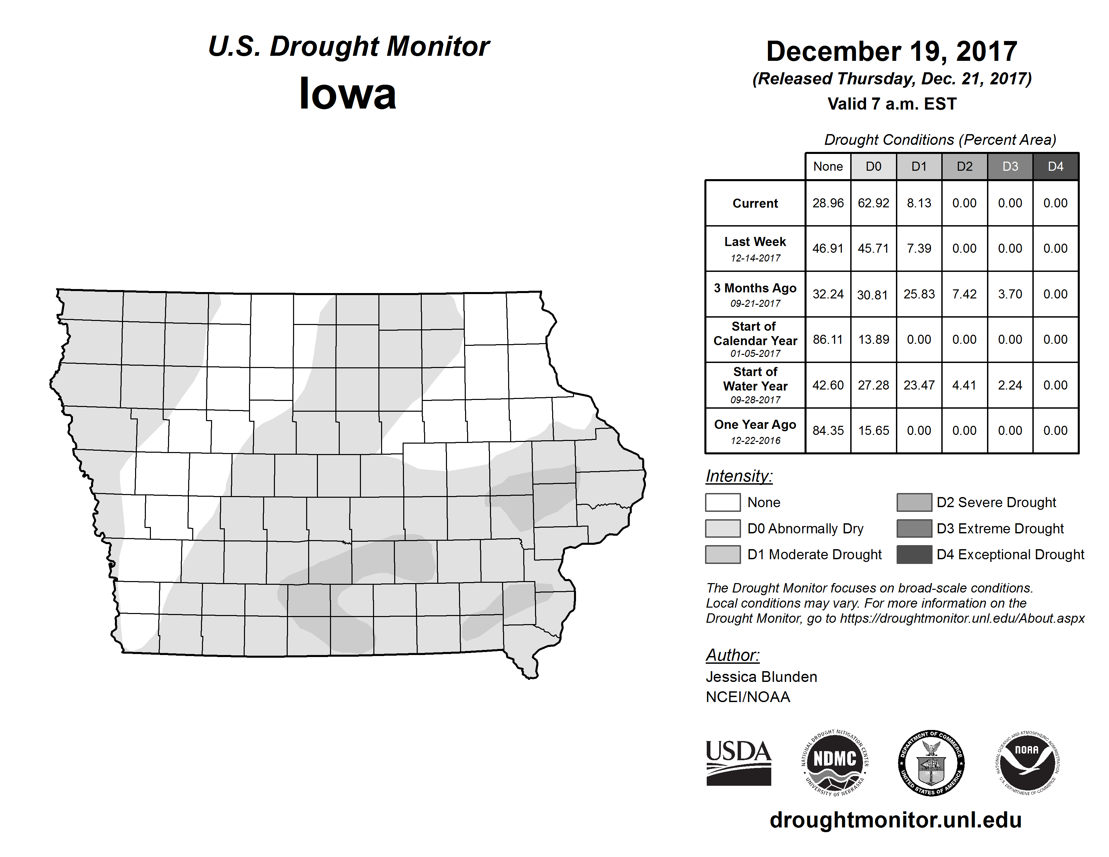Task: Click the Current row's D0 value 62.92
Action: tap(873, 203)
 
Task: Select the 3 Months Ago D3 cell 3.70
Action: tap(1010, 294)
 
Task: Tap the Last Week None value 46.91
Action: tap(828, 248)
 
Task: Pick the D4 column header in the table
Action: tap(1055, 166)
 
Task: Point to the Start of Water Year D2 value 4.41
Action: tap(964, 385)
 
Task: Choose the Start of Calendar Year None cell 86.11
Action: tap(828, 339)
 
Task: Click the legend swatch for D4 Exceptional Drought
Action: tap(914, 555)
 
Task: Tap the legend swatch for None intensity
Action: tap(723, 502)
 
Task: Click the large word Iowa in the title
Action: tap(348, 93)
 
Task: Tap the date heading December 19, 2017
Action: tap(892, 51)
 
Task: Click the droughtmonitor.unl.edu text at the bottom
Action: tap(896, 819)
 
